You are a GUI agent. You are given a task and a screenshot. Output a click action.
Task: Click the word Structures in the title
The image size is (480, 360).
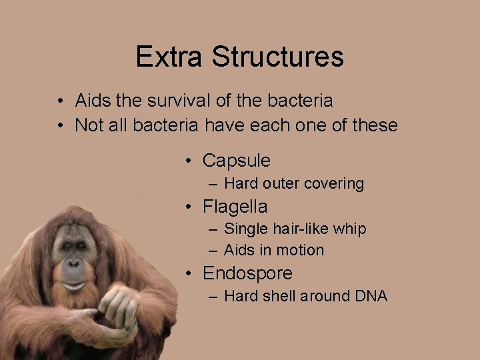point(278,57)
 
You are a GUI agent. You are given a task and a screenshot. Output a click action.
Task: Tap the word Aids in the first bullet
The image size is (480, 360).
point(93,101)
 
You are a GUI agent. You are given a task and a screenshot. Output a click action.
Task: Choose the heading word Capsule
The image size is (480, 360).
point(237,161)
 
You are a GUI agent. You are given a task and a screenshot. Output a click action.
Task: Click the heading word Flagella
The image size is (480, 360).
point(235,207)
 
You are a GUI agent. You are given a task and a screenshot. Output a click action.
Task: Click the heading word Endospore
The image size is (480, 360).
point(247,273)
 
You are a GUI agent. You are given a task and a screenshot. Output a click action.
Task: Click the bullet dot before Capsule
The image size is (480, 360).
point(190,161)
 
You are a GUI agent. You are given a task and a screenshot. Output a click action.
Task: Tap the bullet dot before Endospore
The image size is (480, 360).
point(190,273)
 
